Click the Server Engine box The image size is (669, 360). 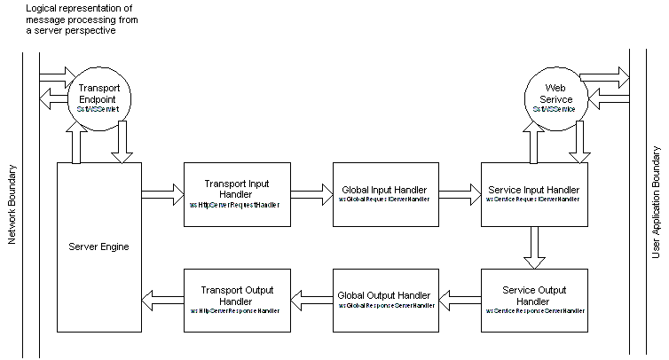coord(99,247)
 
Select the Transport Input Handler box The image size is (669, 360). coord(237,196)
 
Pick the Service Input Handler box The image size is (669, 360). coord(535,196)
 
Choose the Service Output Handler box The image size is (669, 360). coord(535,301)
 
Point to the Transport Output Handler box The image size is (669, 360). coord(237,301)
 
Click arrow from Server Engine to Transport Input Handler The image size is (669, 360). coord(162,196)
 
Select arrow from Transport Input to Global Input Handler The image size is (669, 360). coord(311,196)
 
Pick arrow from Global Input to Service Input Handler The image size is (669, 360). coord(460,196)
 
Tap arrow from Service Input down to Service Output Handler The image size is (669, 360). coord(535,247)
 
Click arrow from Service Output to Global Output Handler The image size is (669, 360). coord(460,301)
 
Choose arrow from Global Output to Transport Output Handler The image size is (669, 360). coord(311,301)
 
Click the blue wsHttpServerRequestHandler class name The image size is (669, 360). coord(236,205)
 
